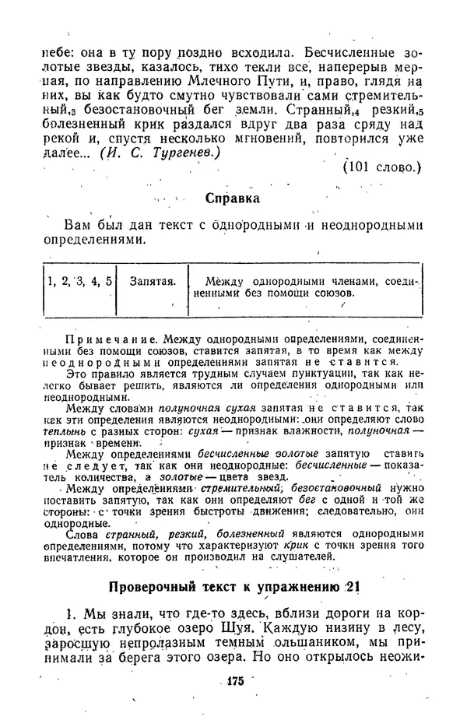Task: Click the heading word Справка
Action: coord(233,198)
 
